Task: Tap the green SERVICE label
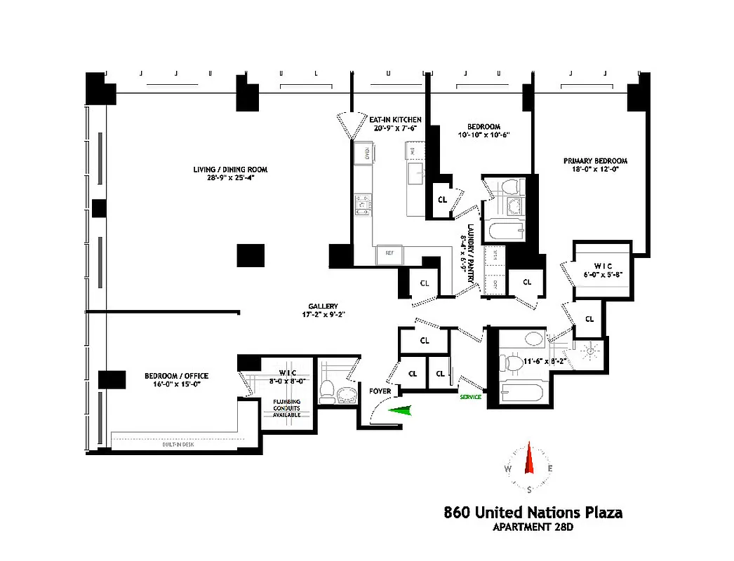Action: pyautogui.click(x=471, y=397)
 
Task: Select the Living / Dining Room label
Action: pyautogui.click(x=231, y=170)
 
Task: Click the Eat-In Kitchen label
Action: pyautogui.click(x=396, y=120)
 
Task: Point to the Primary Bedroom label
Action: pyautogui.click(x=596, y=161)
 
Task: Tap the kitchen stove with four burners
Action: pyautogui.click(x=363, y=204)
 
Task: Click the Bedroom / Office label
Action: pyautogui.click(x=176, y=376)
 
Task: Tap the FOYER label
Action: pyautogui.click(x=370, y=391)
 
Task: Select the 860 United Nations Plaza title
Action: pyautogui.click(x=533, y=513)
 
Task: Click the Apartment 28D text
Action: pyautogui.click(x=533, y=528)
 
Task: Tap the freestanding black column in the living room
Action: pyautogui.click(x=251, y=255)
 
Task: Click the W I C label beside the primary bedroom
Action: pyautogui.click(x=603, y=266)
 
